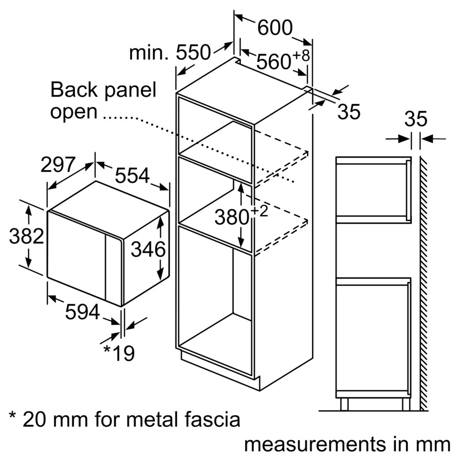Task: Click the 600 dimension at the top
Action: tap(275, 28)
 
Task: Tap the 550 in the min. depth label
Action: tap(193, 53)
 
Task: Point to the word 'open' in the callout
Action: tap(73, 112)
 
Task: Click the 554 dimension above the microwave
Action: tap(132, 175)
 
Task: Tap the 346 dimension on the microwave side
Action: tap(148, 250)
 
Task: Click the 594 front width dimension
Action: tap(82, 312)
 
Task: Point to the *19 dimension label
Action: tap(118, 352)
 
